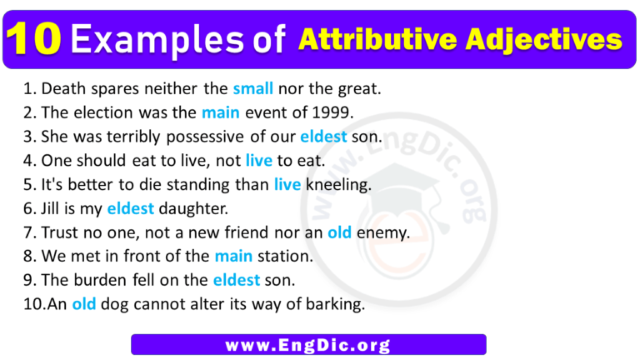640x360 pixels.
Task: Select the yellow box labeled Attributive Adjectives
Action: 459,39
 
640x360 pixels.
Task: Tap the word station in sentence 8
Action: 284,257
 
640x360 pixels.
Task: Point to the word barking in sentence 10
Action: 337,305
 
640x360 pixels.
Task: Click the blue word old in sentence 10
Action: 84,305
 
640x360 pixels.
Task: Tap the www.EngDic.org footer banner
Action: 308,344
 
